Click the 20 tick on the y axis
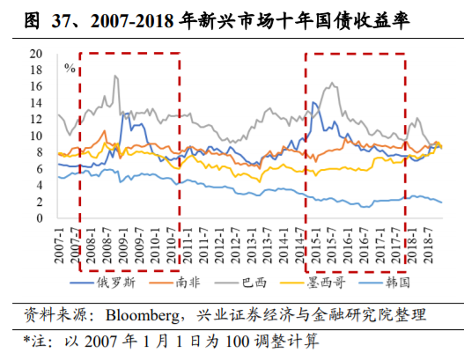click(36, 54)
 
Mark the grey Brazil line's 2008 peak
click(115, 77)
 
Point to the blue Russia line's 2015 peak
click(314, 103)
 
